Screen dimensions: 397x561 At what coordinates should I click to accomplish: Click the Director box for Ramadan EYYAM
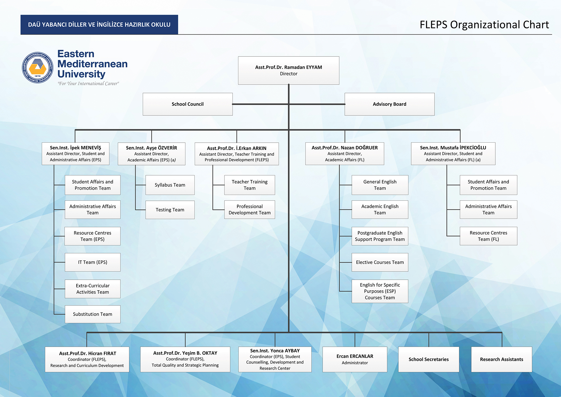click(288, 70)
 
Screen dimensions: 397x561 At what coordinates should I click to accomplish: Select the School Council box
click(187, 104)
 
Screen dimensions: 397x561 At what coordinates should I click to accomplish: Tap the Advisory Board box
click(389, 104)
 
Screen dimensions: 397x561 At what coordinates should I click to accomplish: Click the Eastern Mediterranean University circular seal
click(38, 67)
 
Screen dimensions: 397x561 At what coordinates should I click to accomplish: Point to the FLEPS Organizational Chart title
click(484, 25)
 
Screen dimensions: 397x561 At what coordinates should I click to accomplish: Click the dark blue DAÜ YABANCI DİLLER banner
click(99, 25)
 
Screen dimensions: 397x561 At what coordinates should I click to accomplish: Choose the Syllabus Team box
click(170, 185)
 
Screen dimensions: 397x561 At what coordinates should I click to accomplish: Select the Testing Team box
click(170, 210)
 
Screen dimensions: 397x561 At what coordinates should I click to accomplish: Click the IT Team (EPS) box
click(93, 262)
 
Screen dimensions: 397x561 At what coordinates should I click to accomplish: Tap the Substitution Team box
click(93, 314)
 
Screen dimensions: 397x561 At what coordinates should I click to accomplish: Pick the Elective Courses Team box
click(380, 262)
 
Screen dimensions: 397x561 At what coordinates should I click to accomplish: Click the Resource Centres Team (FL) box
click(488, 236)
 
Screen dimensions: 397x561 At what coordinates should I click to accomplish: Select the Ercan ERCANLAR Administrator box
click(355, 359)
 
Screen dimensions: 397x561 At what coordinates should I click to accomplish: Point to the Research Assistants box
click(501, 359)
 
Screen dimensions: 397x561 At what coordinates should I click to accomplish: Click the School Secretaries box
click(428, 359)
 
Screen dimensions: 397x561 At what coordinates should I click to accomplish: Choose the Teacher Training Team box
click(249, 185)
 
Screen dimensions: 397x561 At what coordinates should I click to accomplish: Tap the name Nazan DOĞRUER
click(344, 148)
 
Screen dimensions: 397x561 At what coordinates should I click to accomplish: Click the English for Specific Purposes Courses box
click(380, 291)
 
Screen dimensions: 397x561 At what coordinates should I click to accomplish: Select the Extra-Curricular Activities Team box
click(93, 289)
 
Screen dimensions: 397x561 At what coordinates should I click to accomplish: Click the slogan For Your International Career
click(88, 84)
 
